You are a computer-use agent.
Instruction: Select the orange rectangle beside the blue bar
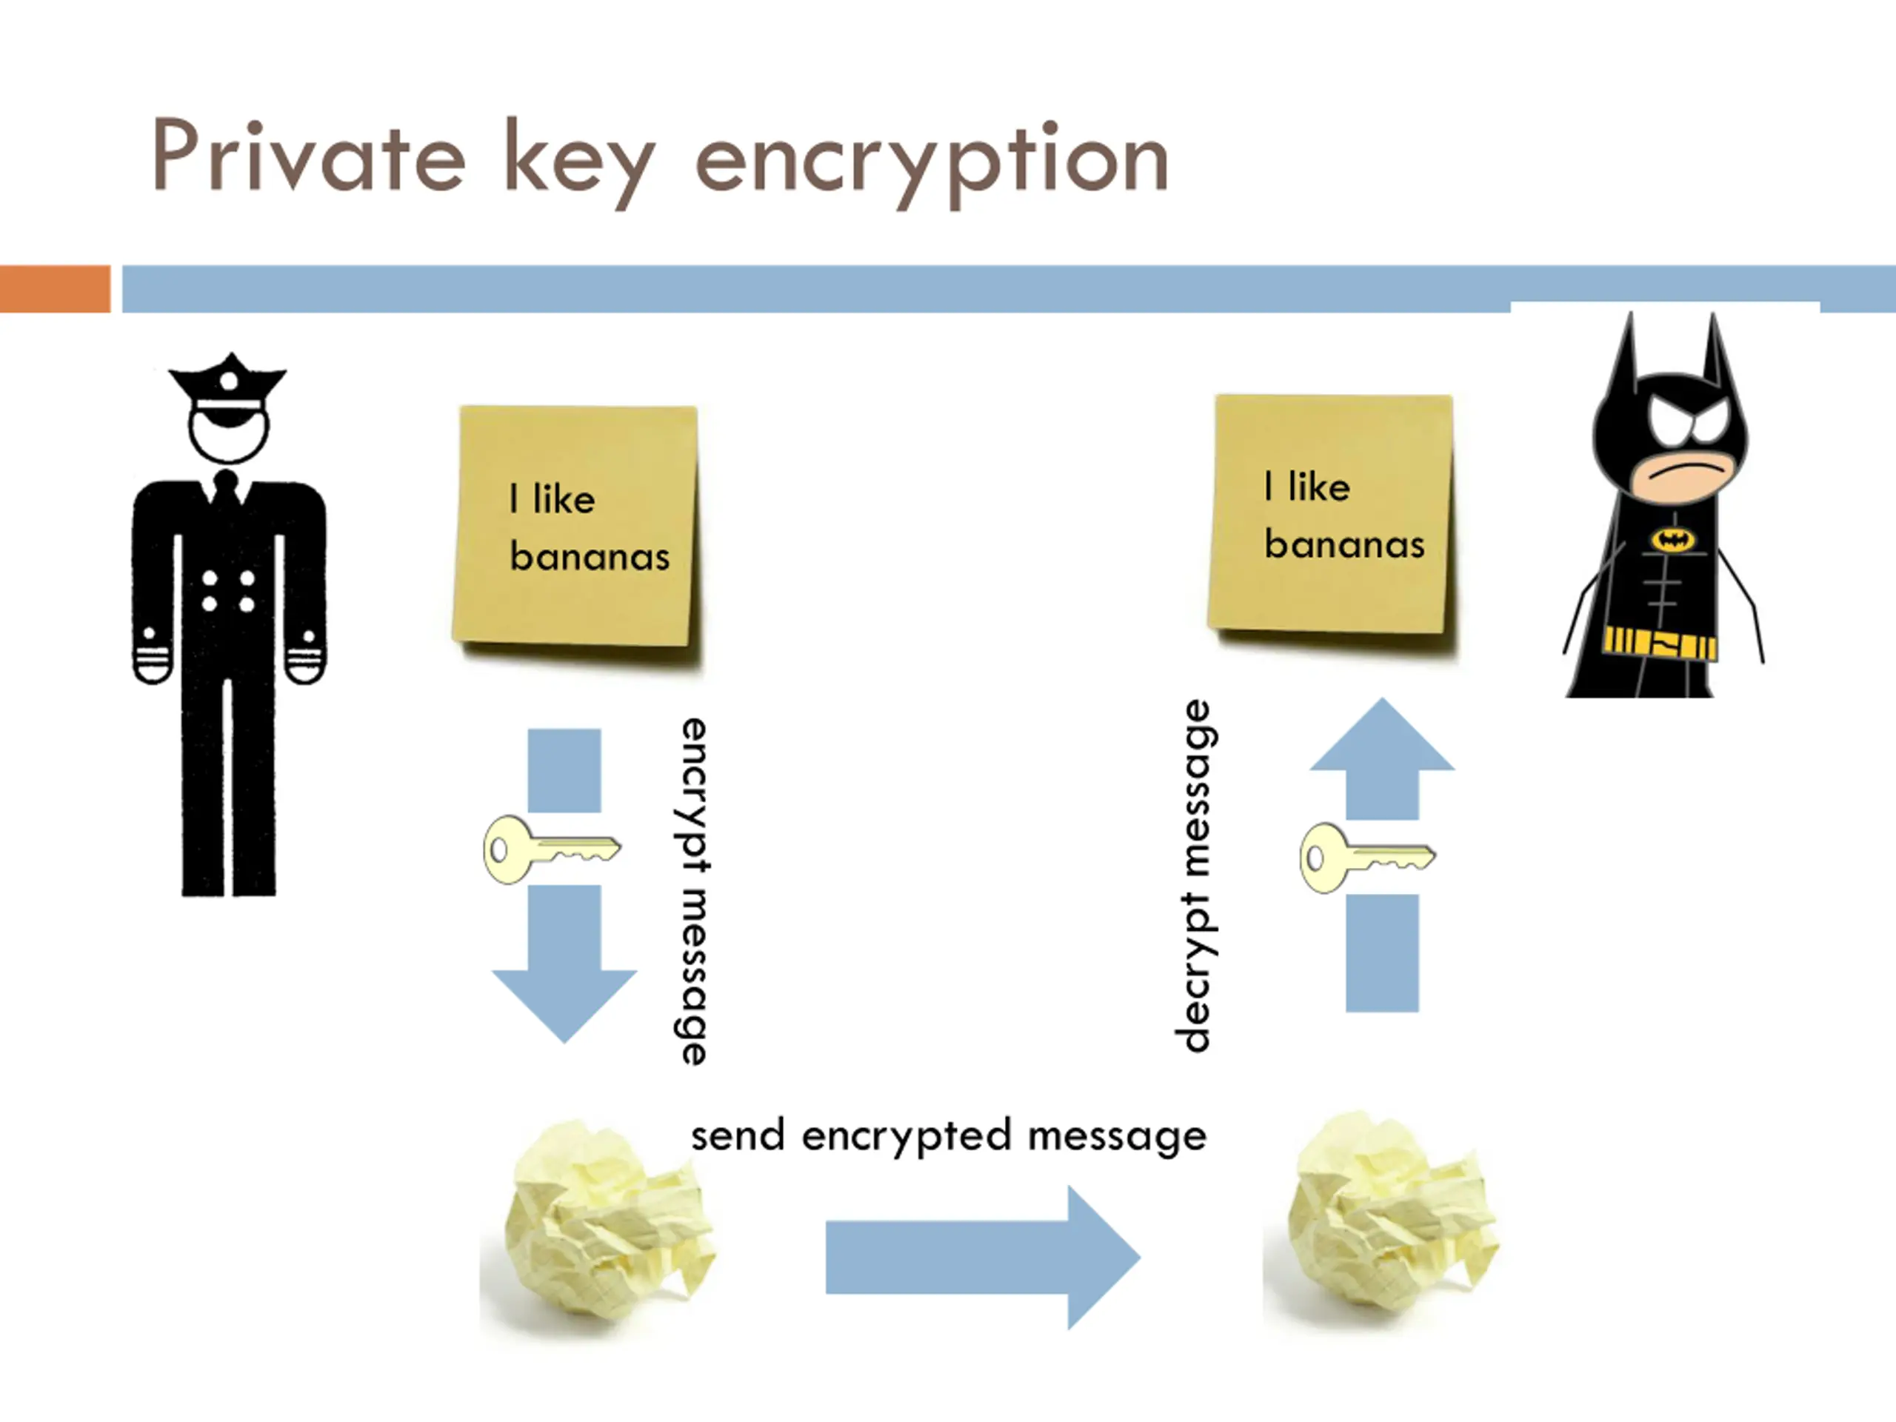click(55, 289)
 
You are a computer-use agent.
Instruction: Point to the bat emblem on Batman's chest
click(1673, 539)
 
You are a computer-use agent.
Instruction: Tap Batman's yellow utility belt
click(1660, 644)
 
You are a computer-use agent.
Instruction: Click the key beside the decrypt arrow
click(1367, 857)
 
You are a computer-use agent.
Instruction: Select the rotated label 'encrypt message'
click(692, 892)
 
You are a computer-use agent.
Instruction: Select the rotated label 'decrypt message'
click(1195, 876)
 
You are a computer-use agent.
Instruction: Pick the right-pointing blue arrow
click(983, 1258)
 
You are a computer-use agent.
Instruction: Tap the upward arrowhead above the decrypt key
click(1382, 734)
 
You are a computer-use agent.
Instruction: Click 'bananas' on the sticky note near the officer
click(590, 557)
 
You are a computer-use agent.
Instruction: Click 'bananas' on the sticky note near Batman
click(1344, 545)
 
